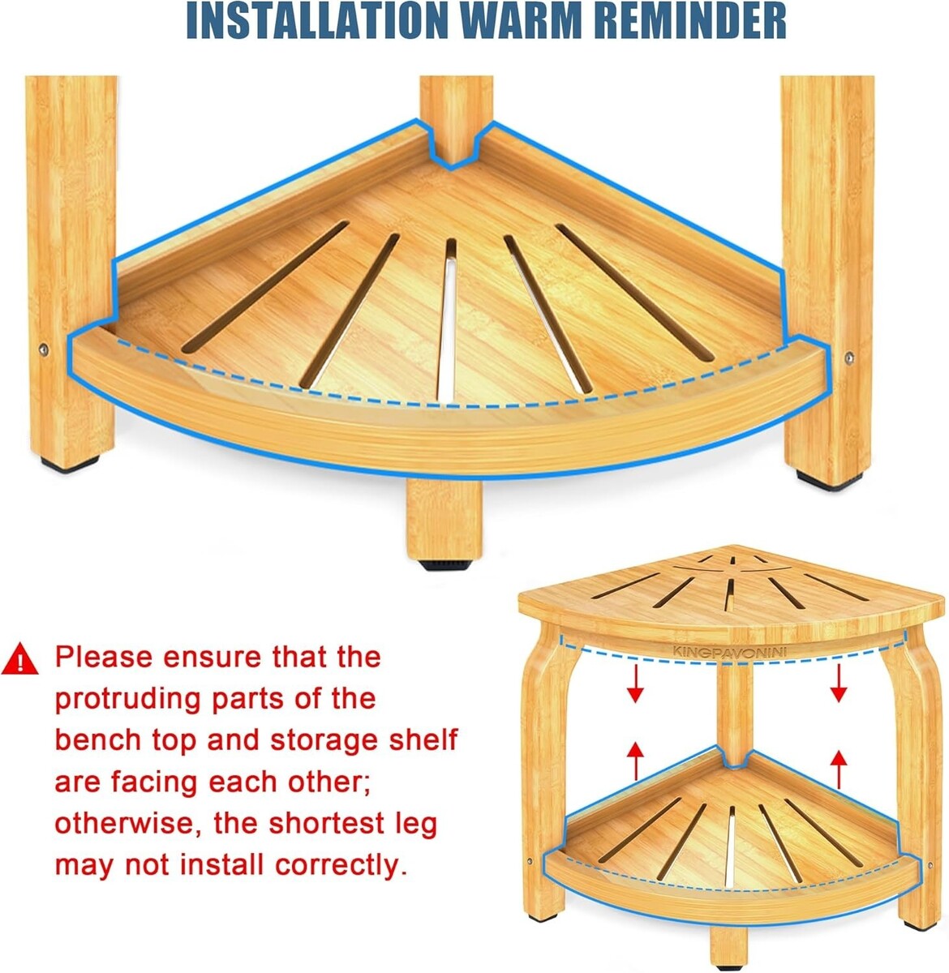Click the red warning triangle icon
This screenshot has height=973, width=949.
(19, 659)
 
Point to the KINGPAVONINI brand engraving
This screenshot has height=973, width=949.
(736, 651)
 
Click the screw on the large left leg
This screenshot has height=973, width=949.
(44, 349)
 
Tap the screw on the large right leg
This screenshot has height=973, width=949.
(848, 357)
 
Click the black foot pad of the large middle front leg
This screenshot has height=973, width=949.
(444, 565)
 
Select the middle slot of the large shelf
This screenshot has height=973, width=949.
(447, 320)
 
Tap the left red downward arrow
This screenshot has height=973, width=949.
(635, 684)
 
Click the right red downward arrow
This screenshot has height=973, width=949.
(839, 683)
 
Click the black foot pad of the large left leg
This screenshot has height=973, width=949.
(70, 464)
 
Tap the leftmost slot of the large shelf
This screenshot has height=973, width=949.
(264, 287)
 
